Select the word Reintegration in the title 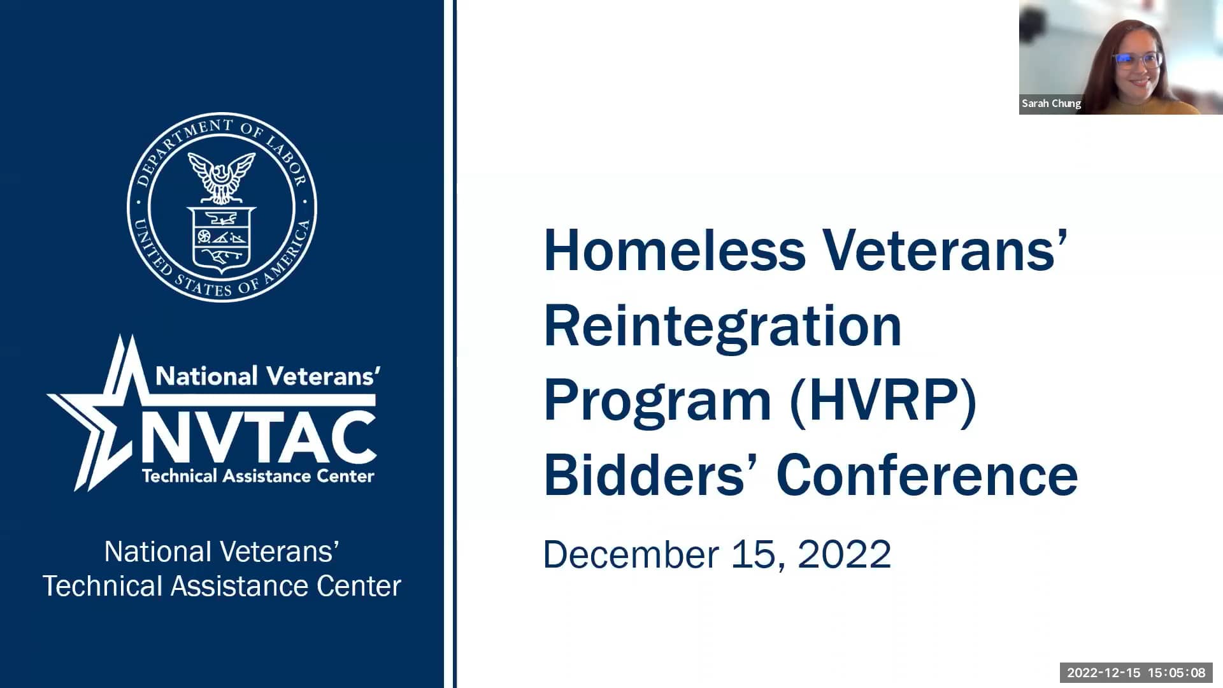(722, 326)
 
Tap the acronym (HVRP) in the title (883, 401)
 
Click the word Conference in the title (927, 475)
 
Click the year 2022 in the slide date (844, 554)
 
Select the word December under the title (631, 554)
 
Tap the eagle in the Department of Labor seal (222, 175)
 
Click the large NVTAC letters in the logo (258, 438)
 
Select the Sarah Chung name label (1051, 103)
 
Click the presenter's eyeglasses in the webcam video (1138, 61)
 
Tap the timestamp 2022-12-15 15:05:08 (1136, 673)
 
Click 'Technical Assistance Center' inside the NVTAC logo (258, 476)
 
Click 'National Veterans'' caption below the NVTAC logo (222, 552)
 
